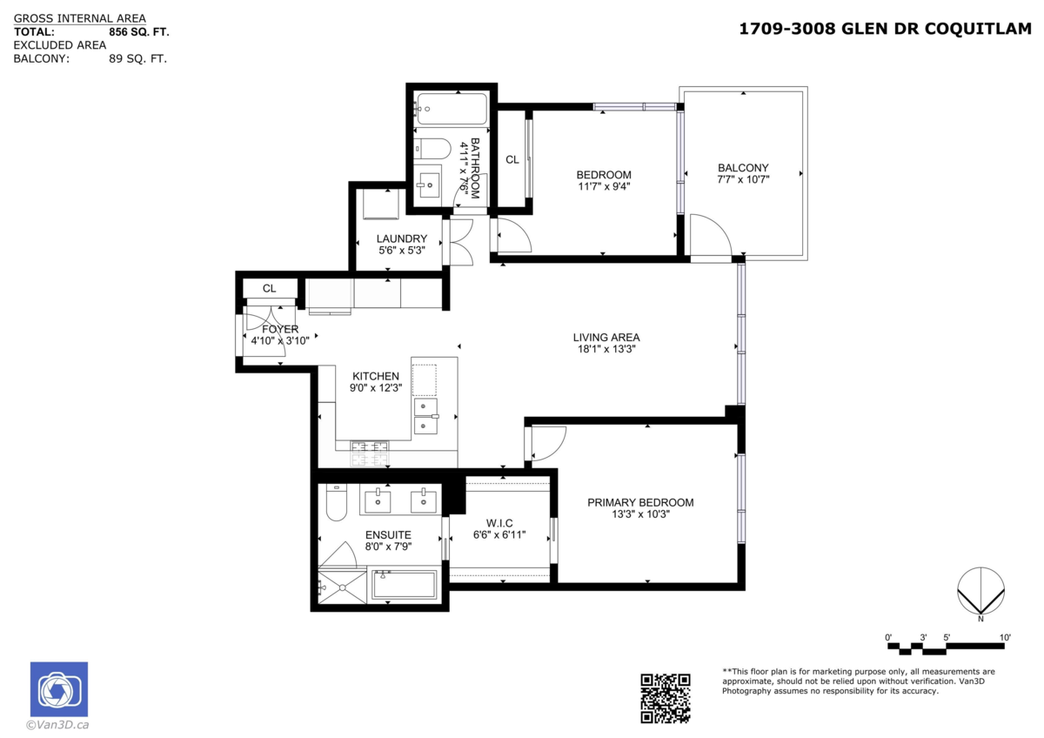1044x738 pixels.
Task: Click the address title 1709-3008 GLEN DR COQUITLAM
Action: point(884,29)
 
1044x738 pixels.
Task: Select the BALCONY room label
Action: point(743,168)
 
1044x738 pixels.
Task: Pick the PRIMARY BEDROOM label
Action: point(640,502)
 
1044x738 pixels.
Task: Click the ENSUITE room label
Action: point(388,534)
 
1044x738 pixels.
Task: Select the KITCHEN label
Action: point(375,376)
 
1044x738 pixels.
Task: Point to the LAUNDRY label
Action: point(401,238)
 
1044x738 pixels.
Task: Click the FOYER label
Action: point(280,329)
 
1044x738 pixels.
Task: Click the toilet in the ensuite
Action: point(337,502)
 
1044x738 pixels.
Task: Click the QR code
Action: point(666,698)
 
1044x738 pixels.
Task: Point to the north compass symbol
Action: point(981,592)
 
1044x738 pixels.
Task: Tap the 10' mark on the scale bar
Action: point(1005,638)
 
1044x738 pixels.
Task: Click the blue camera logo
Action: point(59,690)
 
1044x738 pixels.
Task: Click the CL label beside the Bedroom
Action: point(512,159)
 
